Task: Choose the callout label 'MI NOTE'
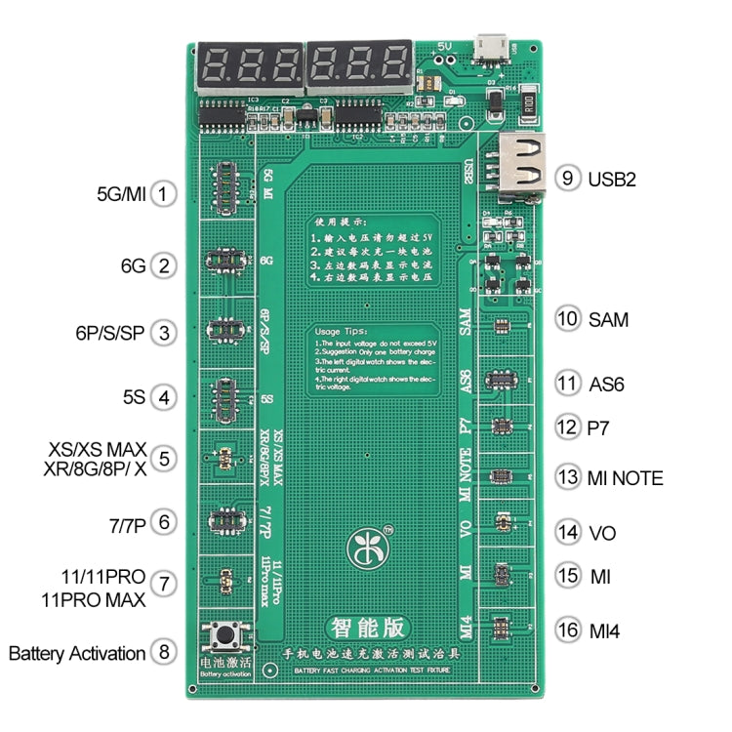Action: point(626,478)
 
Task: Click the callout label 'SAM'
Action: point(608,319)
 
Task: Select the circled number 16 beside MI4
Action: point(567,630)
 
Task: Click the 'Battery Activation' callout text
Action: point(77,653)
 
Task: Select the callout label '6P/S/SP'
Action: point(106,333)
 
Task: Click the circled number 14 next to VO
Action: point(567,533)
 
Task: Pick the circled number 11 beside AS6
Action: point(567,384)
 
